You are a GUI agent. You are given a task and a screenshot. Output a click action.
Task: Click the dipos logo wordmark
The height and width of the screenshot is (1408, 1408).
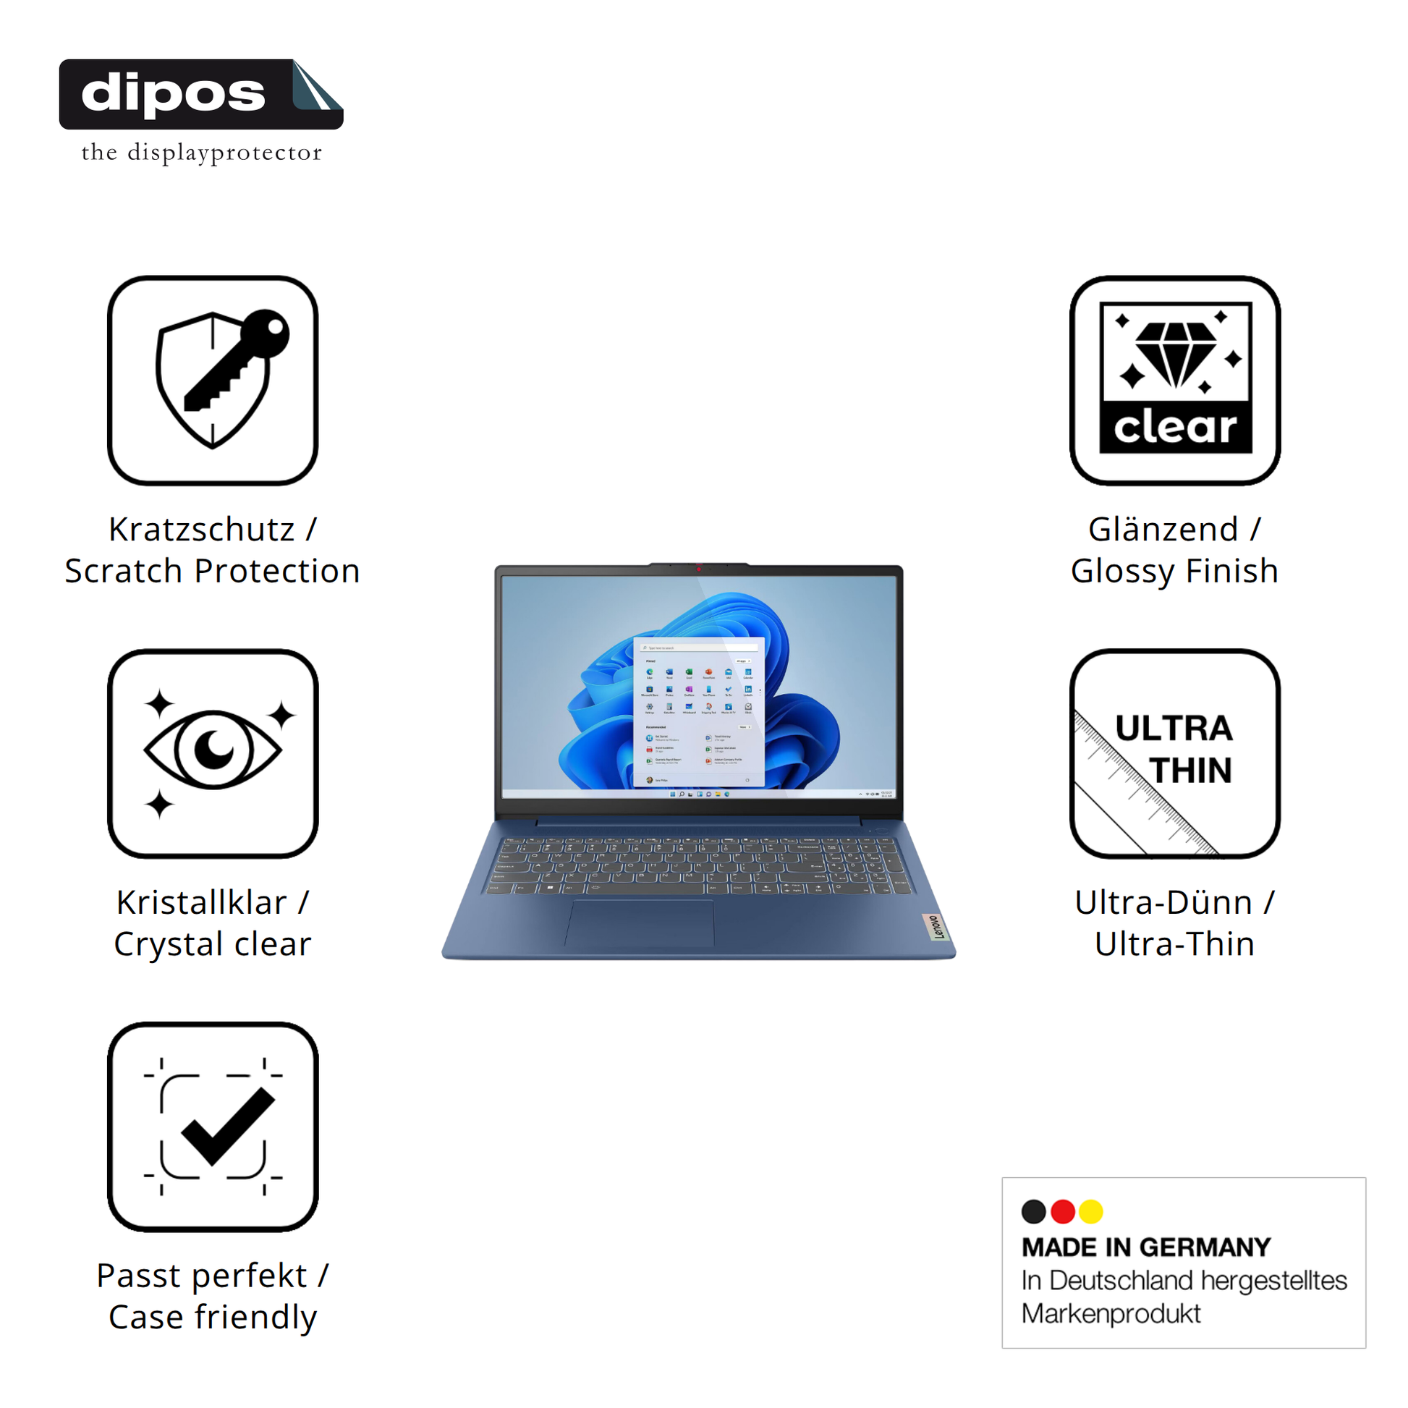tap(174, 95)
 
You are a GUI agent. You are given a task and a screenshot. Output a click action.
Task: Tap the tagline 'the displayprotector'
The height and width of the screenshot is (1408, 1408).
tap(201, 153)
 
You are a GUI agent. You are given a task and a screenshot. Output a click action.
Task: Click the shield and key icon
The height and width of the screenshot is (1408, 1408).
tap(213, 380)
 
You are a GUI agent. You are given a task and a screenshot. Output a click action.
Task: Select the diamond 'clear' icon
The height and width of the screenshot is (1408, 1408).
tap(1175, 380)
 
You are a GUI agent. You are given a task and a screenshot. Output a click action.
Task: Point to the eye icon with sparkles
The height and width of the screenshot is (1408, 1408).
tap(213, 752)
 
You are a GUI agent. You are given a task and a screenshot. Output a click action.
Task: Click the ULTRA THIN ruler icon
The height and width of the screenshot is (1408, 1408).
tap(1175, 752)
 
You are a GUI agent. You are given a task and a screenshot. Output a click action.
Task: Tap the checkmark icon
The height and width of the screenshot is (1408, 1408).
tap(213, 1126)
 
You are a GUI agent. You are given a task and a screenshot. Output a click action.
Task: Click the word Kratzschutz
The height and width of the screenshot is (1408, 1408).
tap(202, 529)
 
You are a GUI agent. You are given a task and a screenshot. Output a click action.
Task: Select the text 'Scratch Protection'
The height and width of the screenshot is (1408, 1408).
tap(213, 571)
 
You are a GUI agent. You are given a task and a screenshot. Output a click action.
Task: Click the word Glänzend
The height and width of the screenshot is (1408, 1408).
tap(1163, 529)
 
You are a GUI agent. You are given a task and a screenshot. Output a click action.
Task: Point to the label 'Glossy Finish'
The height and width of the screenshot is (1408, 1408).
tap(1175, 571)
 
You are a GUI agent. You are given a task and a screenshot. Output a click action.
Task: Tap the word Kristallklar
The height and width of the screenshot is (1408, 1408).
tap(202, 902)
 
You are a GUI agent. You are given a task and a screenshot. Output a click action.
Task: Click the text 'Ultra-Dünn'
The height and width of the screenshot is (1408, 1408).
tap(1163, 902)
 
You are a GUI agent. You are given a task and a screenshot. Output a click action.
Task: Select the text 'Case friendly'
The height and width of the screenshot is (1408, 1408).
tap(213, 1317)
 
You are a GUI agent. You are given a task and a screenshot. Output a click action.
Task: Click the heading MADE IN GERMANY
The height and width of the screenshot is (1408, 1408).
tap(1145, 1247)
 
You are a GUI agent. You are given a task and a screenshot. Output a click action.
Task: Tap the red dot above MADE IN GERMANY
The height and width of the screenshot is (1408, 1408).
tap(1063, 1211)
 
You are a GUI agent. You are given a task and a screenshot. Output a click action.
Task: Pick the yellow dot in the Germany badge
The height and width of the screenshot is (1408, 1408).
tap(1091, 1211)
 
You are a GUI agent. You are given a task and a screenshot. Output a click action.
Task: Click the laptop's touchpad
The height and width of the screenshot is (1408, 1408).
tap(640, 923)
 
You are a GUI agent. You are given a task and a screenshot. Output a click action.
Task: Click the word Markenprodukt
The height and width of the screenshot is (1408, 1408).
tap(1111, 1314)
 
